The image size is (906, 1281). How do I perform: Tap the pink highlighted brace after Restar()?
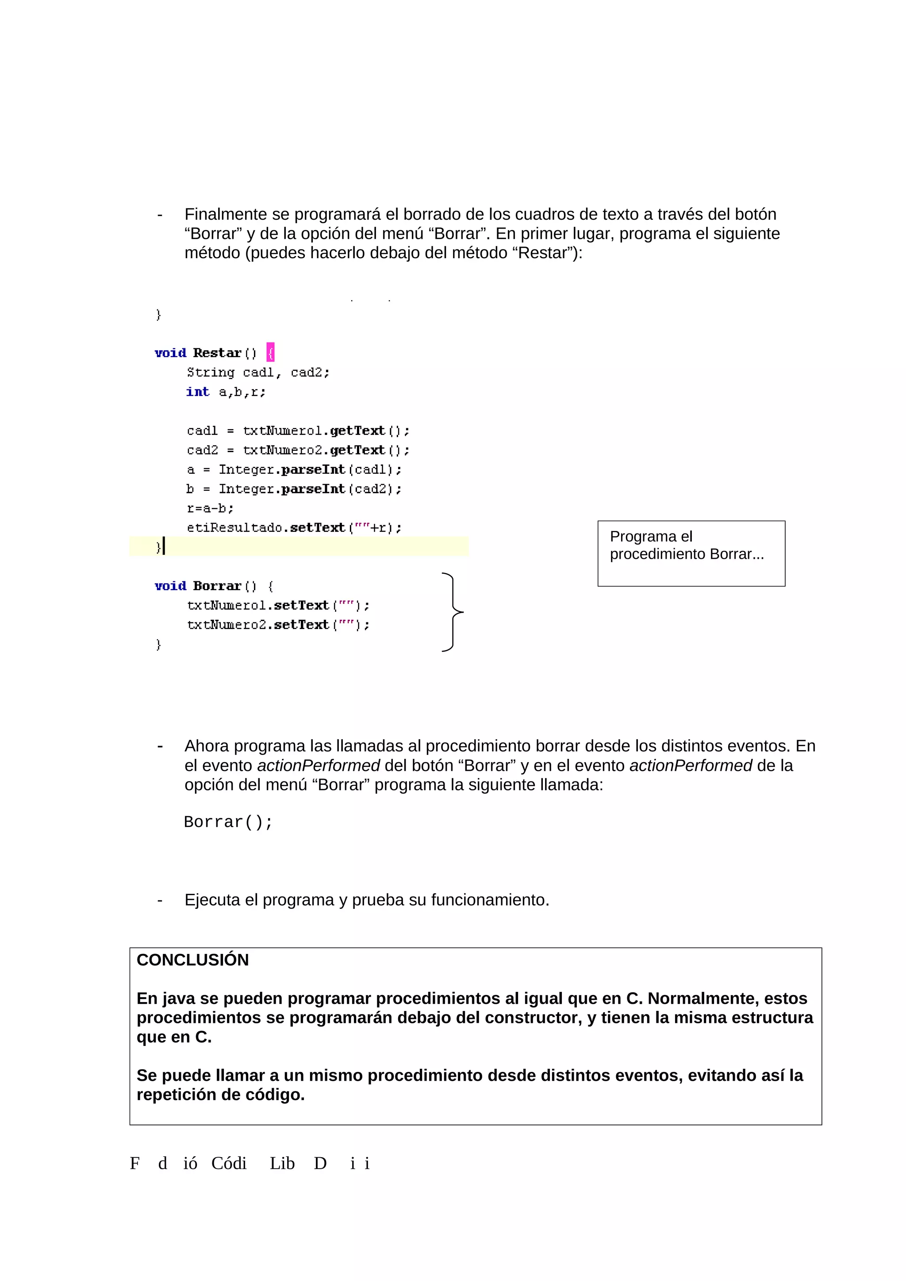point(271,353)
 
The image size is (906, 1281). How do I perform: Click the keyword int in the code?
point(198,392)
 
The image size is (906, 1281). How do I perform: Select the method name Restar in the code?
point(217,353)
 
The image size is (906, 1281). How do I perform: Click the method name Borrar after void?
point(217,586)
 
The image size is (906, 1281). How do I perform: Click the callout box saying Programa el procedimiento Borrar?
point(691,553)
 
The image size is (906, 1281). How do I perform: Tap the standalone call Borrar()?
point(228,822)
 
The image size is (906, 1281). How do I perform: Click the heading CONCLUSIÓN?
point(192,960)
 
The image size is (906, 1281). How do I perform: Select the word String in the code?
point(211,372)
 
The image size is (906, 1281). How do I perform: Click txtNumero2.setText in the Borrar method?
point(258,625)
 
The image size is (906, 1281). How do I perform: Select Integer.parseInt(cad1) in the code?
point(310,470)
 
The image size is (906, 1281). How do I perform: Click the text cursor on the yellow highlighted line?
point(164,546)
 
